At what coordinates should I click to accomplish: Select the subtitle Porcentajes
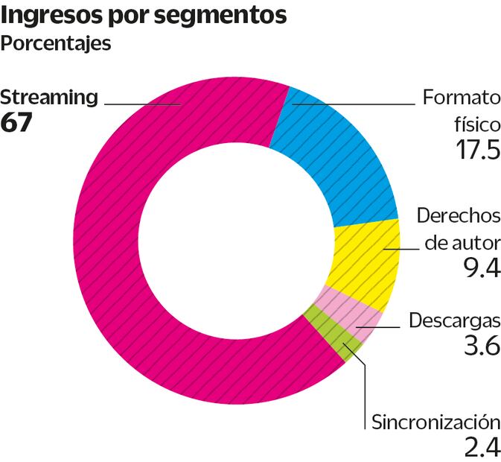(56, 43)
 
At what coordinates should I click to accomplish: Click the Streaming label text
(49, 97)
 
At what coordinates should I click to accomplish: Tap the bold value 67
(16, 122)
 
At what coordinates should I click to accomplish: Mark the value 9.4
(480, 267)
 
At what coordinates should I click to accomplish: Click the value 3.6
(480, 348)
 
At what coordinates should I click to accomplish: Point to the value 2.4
(480, 448)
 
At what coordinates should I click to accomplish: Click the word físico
(476, 123)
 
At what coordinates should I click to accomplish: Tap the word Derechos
(458, 215)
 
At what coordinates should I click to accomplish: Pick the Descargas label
(454, 321)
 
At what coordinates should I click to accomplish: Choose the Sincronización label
(435, 421)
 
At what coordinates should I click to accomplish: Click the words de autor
(462, 241)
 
